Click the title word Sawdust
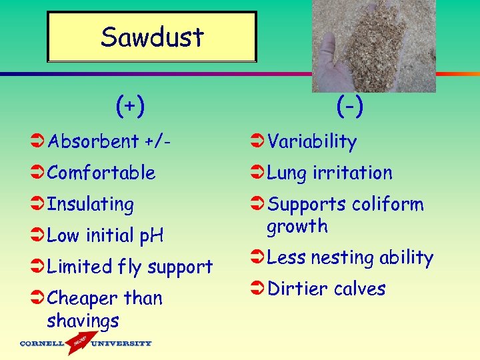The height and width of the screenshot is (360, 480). coord(152,37)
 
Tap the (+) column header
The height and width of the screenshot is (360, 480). coord(130,105)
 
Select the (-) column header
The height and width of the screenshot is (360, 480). coord(350,105)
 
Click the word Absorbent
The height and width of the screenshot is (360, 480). coord(93,141)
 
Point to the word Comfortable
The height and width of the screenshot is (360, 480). coord(101,173)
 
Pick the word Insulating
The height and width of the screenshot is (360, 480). coord(90,204)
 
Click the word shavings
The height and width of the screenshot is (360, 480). coord(83,321)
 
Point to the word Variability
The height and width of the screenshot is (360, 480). coord(312,141)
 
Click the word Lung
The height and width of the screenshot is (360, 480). coord(287,173)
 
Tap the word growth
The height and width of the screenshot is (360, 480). coord(297,227)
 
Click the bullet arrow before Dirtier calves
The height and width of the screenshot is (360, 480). coord(258,289)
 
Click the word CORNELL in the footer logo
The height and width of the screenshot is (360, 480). coord(41,344)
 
